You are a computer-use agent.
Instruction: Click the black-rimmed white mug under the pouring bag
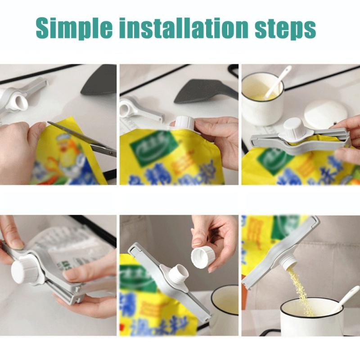point(310,317)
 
